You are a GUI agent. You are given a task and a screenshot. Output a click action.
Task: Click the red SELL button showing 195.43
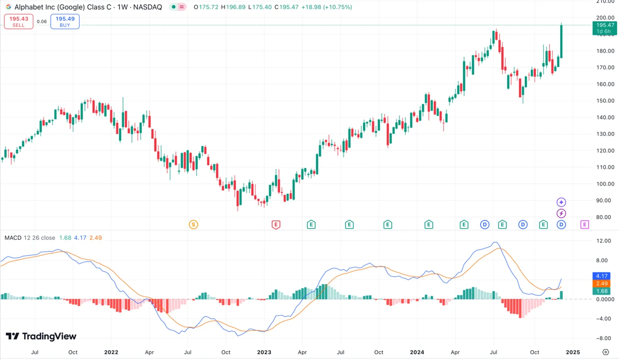coord(18,22)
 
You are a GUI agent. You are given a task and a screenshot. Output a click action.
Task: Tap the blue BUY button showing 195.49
coord(65,22)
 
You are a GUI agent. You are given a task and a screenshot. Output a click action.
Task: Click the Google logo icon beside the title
coord(8,7)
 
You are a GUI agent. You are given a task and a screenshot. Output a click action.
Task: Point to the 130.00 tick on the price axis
coord(602,134)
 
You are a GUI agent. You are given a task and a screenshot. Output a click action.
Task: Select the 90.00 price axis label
coord(602,201)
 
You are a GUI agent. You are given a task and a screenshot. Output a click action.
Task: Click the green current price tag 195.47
coord(604,28)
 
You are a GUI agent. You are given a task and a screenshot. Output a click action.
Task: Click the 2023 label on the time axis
coord(264,352)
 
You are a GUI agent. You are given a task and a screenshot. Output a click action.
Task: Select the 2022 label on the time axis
coord(111,352)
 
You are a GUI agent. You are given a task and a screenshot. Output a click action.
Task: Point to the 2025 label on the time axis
coord(572,352)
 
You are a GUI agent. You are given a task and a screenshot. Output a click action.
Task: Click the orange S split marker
coord(193,224)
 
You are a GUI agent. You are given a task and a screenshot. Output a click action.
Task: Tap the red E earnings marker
coord(276,224)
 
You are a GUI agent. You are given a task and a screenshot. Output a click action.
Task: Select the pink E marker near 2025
coord(584,224)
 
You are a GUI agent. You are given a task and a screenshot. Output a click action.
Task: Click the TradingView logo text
coord(41,337)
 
